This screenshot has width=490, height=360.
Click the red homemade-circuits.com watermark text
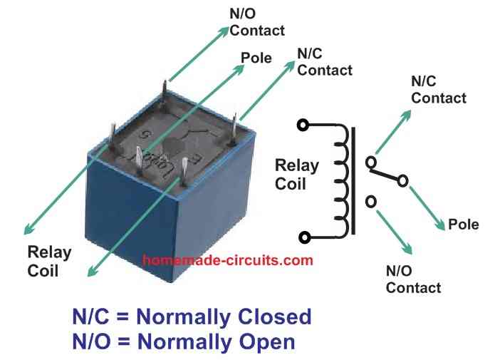(x=228, y=260)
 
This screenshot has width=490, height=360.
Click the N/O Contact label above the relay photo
(x=256, y=22)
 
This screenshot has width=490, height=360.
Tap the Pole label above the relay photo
(x=256, y=58)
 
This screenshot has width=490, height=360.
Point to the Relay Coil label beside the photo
(x=49, y=261)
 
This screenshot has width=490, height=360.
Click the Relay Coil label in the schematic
(x=297, y=174)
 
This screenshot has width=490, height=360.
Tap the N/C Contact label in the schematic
(x=438, y=90)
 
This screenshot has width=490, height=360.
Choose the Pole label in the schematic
(x=464, y=225)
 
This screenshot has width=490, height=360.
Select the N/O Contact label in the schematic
(x=413, y=279)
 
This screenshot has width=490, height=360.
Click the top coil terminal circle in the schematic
(x=304, y=125)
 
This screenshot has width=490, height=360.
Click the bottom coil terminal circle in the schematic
(x=304, y=237)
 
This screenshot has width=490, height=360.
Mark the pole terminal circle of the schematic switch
(x=403, y=181)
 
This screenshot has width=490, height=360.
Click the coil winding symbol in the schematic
(x=343, y=181)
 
